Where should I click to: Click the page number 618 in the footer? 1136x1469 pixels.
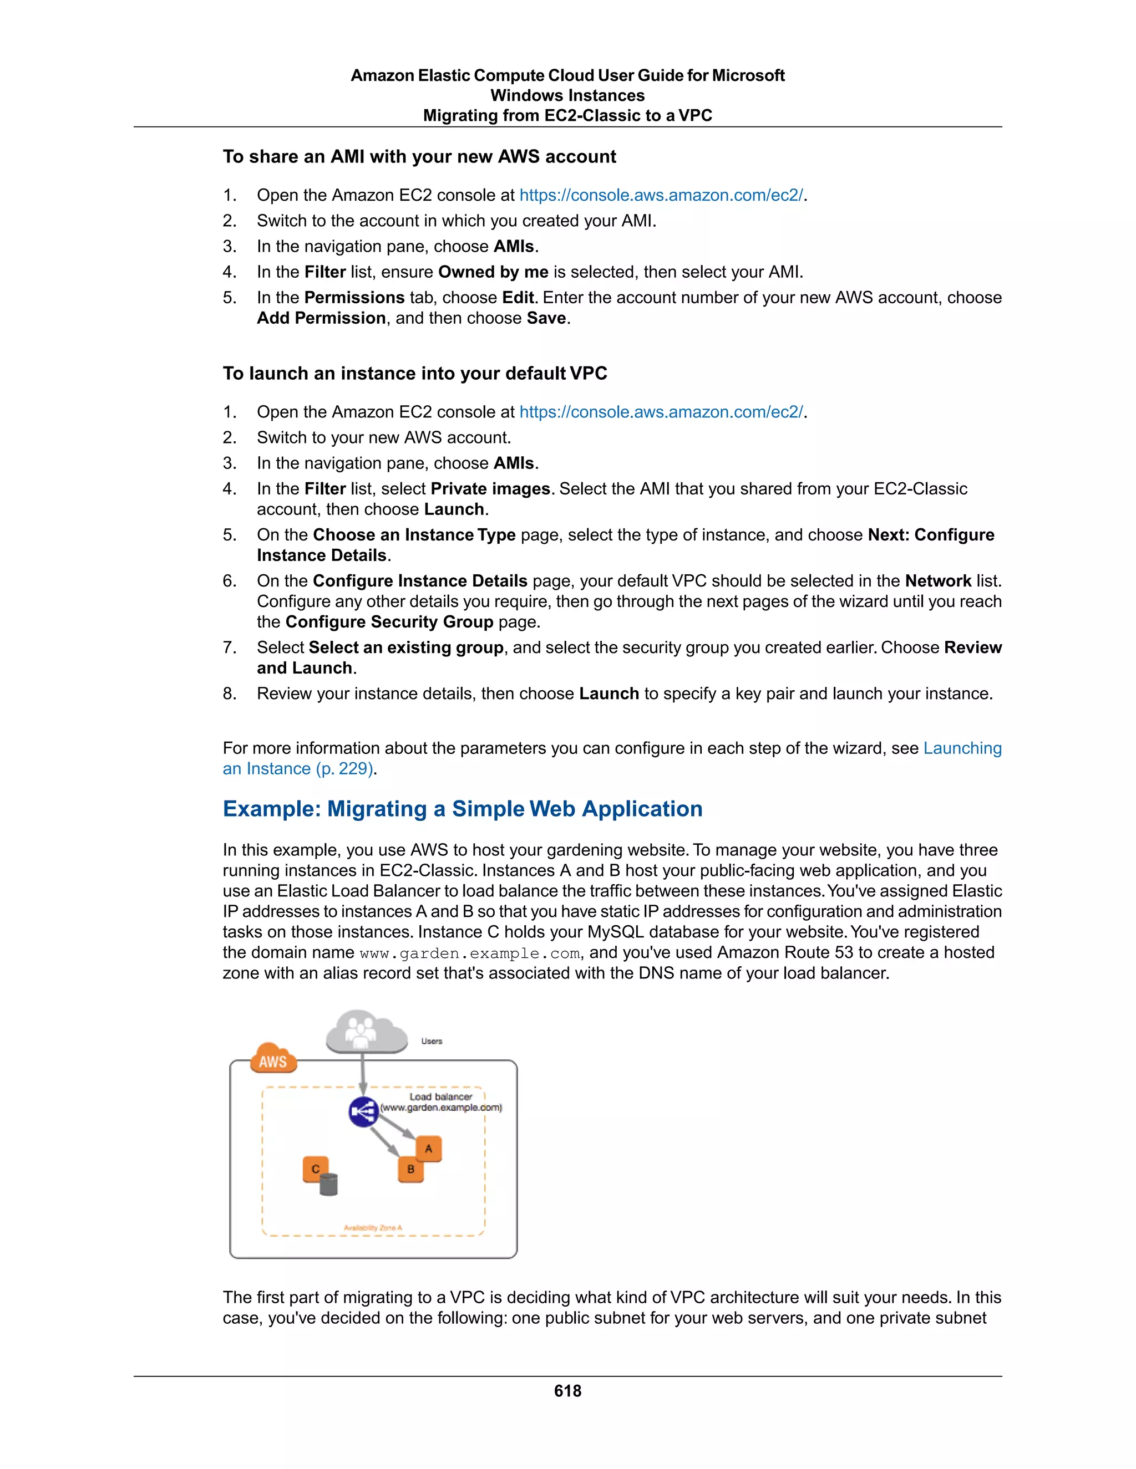(x=567, y=1391)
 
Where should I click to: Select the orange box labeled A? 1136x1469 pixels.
(x=429, y=1149)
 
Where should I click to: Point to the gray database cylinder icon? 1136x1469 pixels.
(x=329, y=1184)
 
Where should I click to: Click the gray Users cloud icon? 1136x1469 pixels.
(x=366, y=1032)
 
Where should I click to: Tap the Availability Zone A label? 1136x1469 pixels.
(x=373, y=1227)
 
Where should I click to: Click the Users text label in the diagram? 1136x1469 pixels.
(x=432, y=1041)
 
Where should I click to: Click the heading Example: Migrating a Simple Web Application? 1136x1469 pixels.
(x=463, y=808)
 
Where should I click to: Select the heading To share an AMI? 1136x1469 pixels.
(x=419, y=157)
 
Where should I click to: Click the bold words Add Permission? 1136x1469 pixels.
(x=321, y=318)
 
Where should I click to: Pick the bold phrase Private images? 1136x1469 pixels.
(x=490, y=489)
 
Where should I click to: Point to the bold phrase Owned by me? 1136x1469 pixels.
(x=493, y=272)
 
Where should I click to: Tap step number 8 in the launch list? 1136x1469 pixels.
(x=230, y=694)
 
